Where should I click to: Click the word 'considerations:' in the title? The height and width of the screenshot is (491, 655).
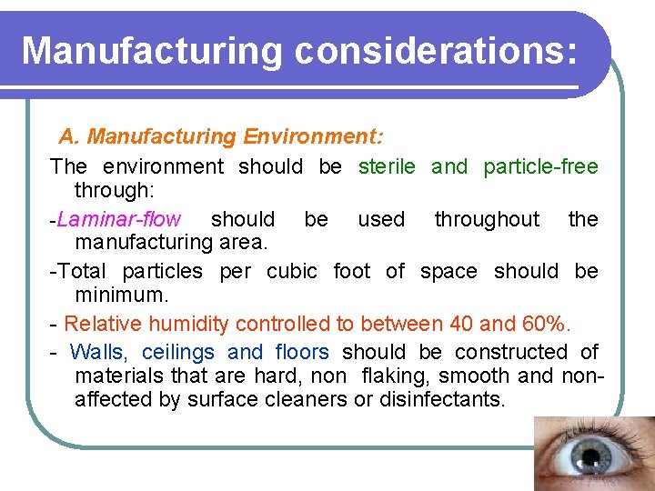(435, 51)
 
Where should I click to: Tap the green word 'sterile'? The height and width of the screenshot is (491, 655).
(387, 166)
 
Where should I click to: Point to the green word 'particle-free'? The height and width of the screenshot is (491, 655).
(540, 166)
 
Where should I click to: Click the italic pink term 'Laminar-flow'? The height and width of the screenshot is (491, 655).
(118, 220)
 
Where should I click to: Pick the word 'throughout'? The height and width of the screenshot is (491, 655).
(487, 220)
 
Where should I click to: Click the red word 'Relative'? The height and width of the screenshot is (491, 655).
(102, 324)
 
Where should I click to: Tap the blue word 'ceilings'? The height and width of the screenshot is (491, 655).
(178, 353)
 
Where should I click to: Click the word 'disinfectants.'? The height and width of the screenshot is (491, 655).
(430, 400)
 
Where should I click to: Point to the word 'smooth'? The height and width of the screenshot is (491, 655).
(467, 376)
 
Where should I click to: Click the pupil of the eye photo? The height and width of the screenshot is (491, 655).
(592, 454)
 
